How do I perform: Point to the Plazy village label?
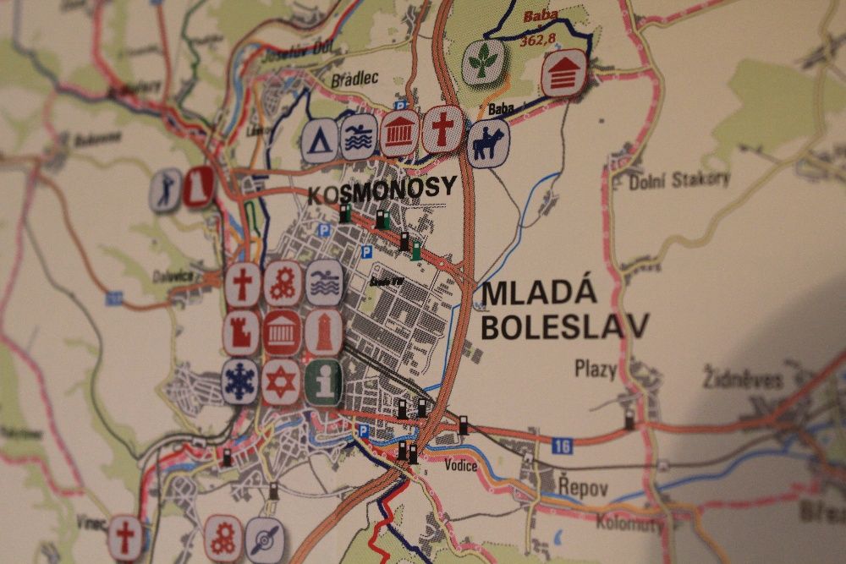point(596,369)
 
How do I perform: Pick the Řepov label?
point(583,487)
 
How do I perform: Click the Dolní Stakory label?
point(679,179)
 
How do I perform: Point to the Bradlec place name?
point(354,78)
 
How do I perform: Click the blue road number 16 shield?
point(562,446)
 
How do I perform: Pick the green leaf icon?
point(482,63)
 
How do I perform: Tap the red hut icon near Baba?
point(563,73)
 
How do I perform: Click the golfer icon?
point(166,189)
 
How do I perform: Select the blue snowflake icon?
point(241,379)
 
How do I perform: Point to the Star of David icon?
point(282,382)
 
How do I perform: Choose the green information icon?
point(323,381)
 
